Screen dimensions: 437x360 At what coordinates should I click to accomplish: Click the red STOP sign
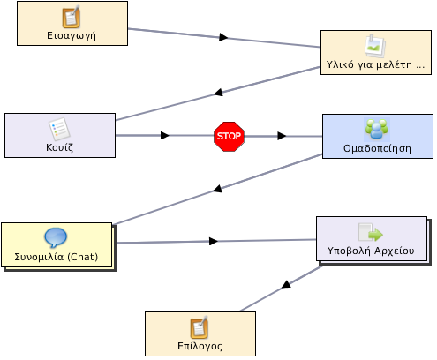(x=229, y=137)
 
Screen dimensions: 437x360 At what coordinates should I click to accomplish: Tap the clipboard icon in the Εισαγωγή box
(x=72, y=17)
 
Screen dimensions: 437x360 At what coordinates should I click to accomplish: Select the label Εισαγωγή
(x=72, y=36)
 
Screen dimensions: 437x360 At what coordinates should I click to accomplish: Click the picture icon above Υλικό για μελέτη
(x=374, y=46)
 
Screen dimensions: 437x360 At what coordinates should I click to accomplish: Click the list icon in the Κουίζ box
(x=59, y=129)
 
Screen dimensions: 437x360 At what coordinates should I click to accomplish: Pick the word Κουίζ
(x=59, y=147)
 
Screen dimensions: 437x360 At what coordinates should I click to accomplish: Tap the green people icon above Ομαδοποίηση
(x=377, y=129)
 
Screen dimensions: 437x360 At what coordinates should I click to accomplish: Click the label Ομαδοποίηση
(x=377, y=148)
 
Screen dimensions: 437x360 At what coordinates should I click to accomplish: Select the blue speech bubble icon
(x=56, y=237)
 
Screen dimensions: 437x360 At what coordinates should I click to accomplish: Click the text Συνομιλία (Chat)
(x=57, y=257)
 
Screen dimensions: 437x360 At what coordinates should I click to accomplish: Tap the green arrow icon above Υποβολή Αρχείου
(x=371, y=233)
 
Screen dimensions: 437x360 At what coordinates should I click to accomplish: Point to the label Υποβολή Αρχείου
(x=371, y=251)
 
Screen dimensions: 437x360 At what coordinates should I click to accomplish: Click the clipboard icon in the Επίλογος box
(x=200, y=327)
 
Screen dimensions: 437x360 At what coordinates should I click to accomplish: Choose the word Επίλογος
(x=200, y=346)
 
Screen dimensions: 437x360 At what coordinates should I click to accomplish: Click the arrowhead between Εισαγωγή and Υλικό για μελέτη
(x=223, y=37)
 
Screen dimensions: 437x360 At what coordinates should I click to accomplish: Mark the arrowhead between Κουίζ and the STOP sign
(x=165, y=136)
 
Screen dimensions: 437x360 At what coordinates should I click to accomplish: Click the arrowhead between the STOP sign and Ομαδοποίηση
(x=282, y=136)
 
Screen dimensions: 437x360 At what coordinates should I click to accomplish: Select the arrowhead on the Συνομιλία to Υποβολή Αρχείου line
(x=214, y=241)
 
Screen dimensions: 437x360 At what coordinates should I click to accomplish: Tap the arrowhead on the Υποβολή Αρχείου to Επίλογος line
(x=286, y=284)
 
